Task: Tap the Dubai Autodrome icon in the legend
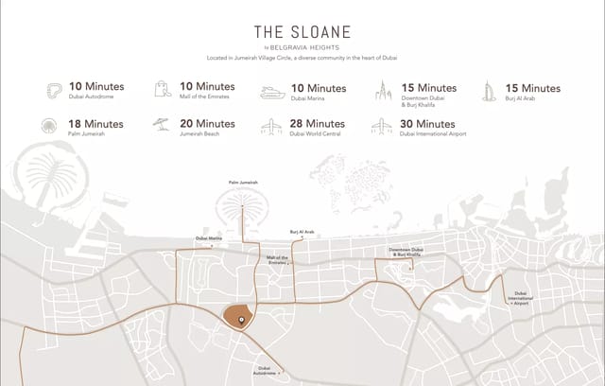[56, 91]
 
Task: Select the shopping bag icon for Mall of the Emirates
[162, 91]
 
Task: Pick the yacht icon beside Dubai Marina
[272, 93]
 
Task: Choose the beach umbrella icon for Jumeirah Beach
[161, 126]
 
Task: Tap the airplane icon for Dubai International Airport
[383, 127]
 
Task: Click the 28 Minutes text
[318, 123]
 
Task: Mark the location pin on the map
[240, 321]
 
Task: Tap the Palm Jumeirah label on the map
[243, 182]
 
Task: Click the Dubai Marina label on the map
[209, 238]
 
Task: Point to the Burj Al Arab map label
[302, 231]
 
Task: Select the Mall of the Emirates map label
[277, 259]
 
